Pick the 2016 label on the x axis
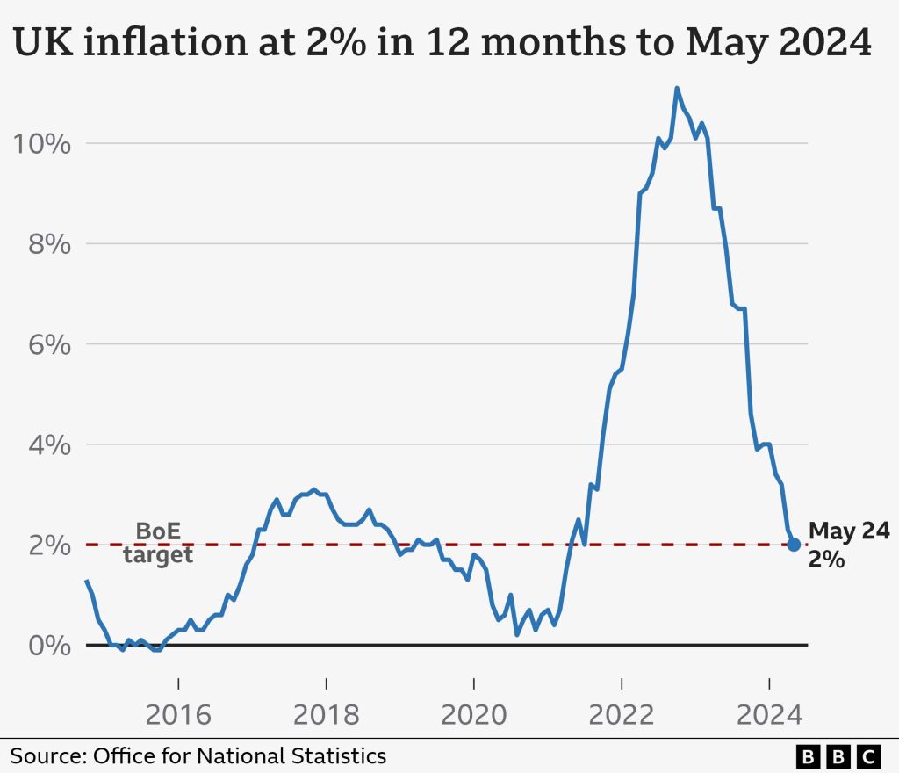click(x=178, y=714)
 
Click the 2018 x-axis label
click(x=326, y=714)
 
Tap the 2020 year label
click(x=473, y=714)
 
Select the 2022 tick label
click(x=621, y=714)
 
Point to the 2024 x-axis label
click(x=768, y=714)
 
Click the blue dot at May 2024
click(x=793, y=545)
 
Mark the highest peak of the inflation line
click(x=677, y=88)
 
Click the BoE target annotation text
click(x=158, y=543)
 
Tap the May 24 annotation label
click(x=848, y=531)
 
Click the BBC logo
click(x=838, y=755)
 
